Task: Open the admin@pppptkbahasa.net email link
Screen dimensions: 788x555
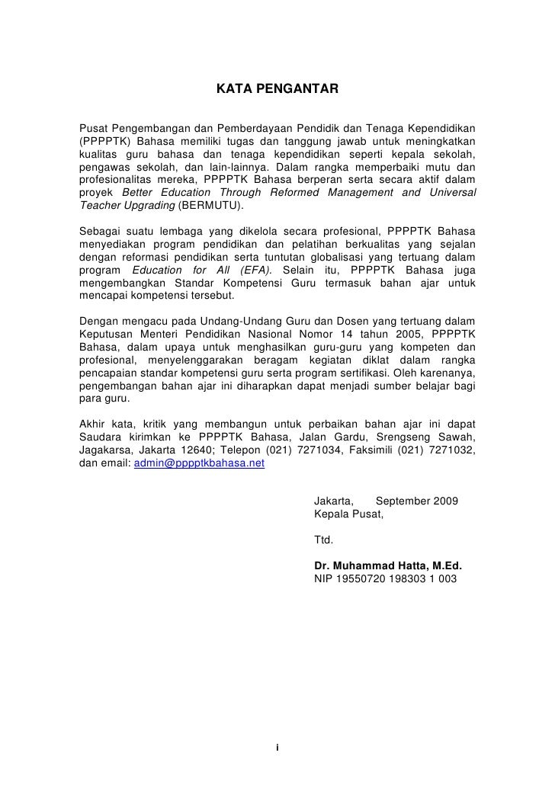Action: pos(199,463)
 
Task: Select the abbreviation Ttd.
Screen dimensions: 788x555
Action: pos(324,540)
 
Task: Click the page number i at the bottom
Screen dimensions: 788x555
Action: pos(277,746)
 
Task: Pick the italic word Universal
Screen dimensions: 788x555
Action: pos(451,193)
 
